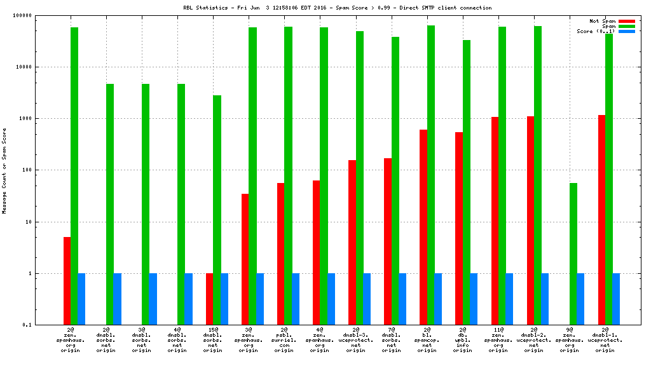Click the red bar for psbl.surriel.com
click(280, 254)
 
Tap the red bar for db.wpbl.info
click(458, 228)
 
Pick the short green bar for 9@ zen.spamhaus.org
click(573, 254)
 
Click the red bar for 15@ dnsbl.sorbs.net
click(209, 299)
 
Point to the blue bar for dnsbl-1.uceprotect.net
click(616, 299)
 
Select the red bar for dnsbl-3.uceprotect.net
click(352, 242)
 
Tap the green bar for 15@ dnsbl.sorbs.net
click(217, 210)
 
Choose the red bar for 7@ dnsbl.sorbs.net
click(387, 241)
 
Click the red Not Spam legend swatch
click(626, 21)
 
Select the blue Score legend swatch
click(626, 31)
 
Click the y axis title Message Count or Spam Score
click(4, 170)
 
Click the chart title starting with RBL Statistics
click(338, 8)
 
